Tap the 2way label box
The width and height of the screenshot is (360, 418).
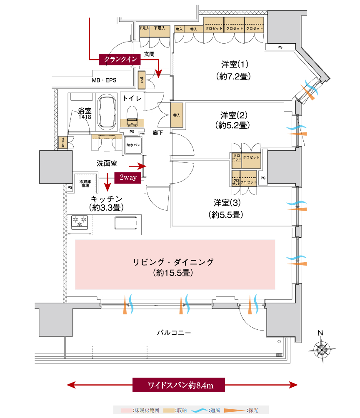[x=128, y=178]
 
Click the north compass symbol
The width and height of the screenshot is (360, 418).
[x=321, y=348]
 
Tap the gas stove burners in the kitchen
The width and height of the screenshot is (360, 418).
[x=79, y=221]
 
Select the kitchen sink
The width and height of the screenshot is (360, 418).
[x=125, y=222]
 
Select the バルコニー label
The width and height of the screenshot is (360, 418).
[x=174, y=333]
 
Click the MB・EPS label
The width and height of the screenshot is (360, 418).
[x=104, y=81]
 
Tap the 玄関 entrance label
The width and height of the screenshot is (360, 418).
[x=149, y=54]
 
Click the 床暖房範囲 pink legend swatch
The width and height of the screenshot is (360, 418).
[x=127, y=411]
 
